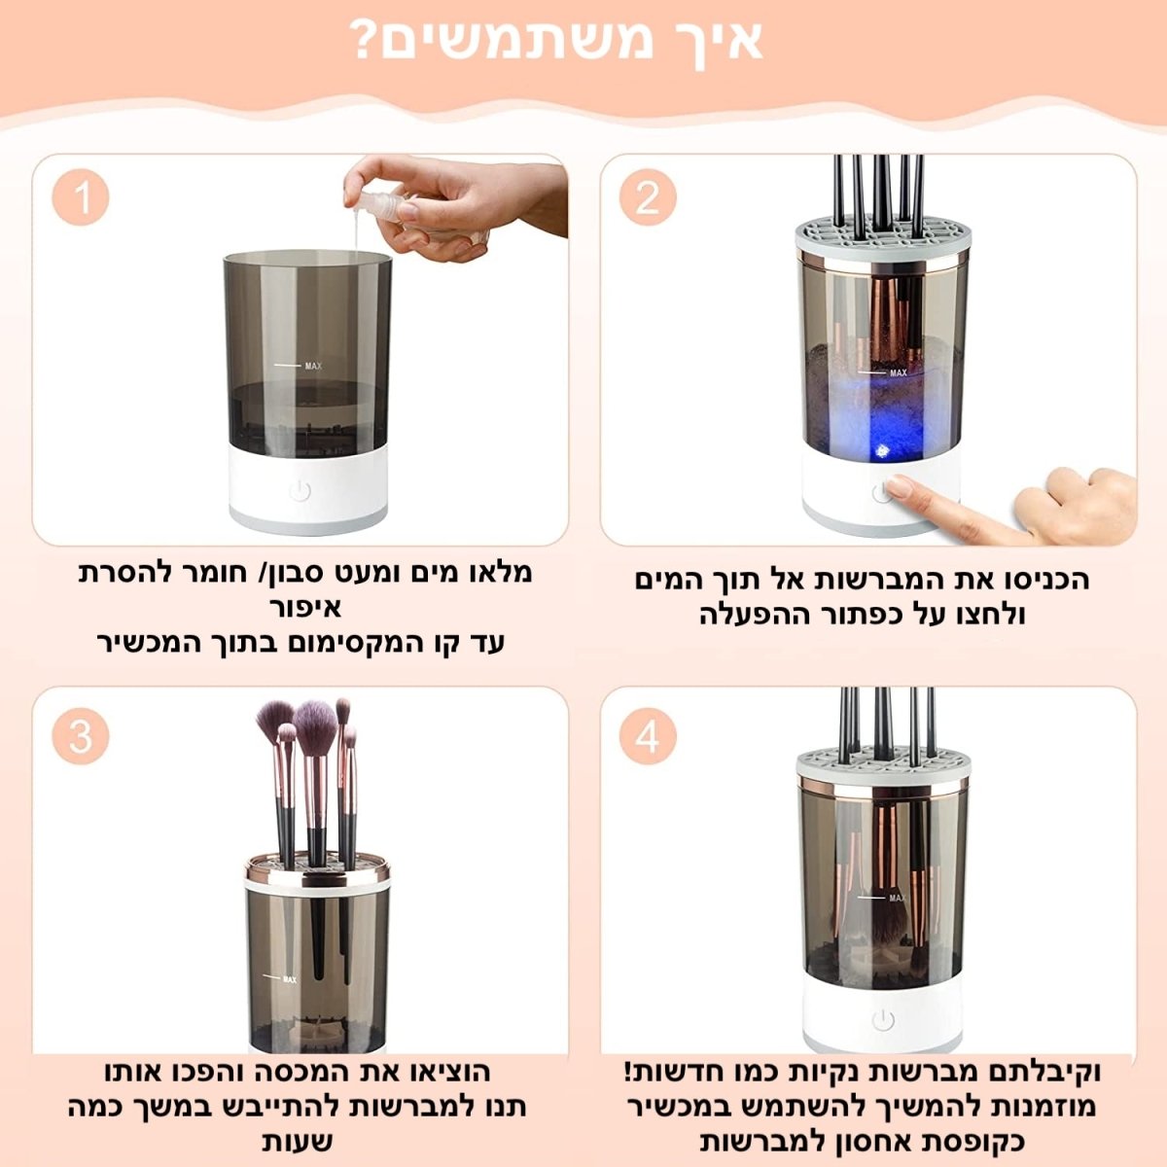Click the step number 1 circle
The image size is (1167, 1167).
click(x=81, y=198)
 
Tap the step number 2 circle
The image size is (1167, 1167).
click(x=648, y=198)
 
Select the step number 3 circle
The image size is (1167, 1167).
click(x=81, y=736)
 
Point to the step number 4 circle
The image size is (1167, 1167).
click(x=648, y=736)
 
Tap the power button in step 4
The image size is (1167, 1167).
click(x=883, y=1020)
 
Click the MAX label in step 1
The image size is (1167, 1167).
click(x=313, y=366)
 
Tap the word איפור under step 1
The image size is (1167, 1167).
click(x=305, y=607)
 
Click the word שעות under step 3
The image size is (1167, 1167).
click(x=298, y=1142)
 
